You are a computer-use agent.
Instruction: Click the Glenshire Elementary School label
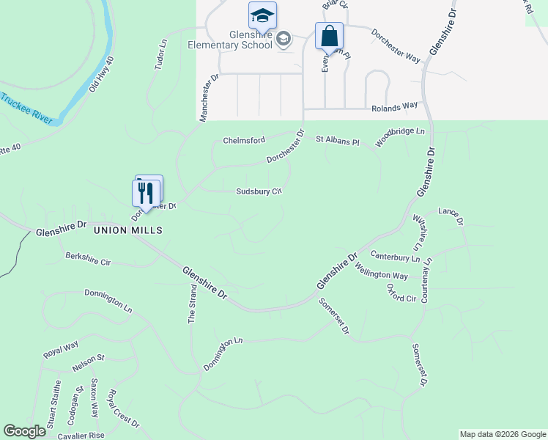(x=230, y=39)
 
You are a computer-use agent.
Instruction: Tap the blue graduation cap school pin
(x=262, y=15)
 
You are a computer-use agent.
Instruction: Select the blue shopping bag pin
(x=329, y=35)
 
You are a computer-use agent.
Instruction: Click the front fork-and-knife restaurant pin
(x=145, y=193)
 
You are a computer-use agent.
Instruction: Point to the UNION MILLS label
(x=127, y=230)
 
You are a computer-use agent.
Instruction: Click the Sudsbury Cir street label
(x=259, y=191)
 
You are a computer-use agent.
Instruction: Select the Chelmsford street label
(x=244, y=140)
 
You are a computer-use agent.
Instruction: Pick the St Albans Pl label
(x=338, y=139)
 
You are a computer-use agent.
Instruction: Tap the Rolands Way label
(x=394, y=107)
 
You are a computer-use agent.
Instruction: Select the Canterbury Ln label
(x=395, y=257)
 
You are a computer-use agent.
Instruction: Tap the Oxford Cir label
(x=401, y=293)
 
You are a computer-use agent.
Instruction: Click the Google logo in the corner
(x=25, y=431)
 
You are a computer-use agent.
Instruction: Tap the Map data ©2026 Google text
(x=502, y=434)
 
